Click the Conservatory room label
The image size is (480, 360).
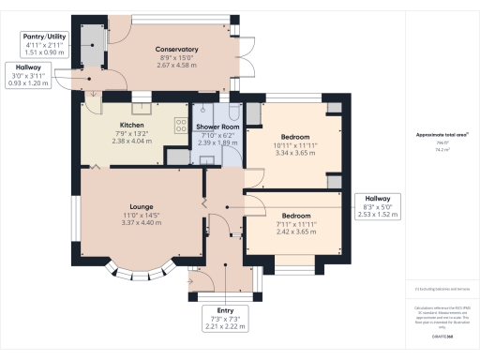177,49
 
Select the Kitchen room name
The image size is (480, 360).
131,124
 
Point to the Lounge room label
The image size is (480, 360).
142,206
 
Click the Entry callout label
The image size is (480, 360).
226,310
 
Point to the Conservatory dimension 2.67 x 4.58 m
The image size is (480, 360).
177,66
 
